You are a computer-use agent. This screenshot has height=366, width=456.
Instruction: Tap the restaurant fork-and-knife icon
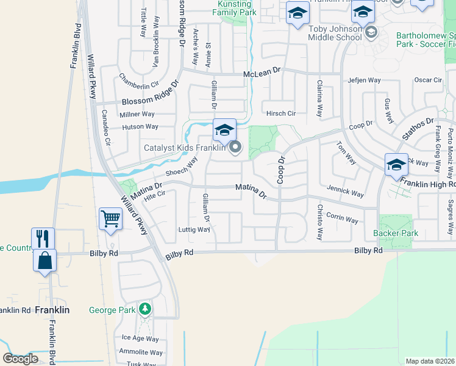[43, 238]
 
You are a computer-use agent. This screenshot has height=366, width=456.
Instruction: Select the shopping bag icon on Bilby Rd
[45, 259]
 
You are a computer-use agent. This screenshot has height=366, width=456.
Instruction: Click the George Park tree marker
[144, 309]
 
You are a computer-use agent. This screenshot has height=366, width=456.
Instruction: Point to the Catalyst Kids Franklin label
[184, 148]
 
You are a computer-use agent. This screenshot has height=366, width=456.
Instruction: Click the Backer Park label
[396, 234]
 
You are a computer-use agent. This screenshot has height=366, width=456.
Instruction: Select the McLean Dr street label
[262, 73]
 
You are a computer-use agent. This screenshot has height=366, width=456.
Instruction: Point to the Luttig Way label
[194, 229]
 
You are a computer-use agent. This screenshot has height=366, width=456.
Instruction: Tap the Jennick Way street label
[346, 192]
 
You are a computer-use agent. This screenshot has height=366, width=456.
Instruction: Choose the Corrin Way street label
[342, 218]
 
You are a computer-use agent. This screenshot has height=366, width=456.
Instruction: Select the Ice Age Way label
[140, 339]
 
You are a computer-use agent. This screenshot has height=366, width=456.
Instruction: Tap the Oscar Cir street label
[428, 80]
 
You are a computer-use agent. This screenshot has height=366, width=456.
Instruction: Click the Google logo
[20, 359]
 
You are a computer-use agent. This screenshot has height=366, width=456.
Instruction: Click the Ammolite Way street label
[141, 352]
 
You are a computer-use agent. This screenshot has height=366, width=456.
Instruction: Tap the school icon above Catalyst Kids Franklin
[224, 130]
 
